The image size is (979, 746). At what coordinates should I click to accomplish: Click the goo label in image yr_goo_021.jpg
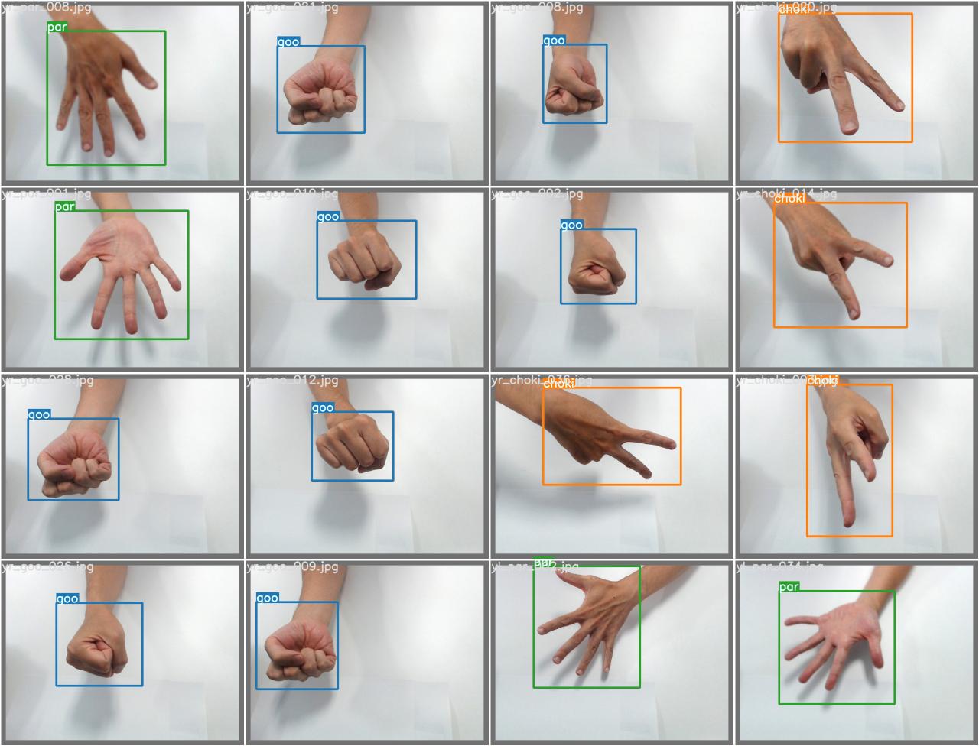288,42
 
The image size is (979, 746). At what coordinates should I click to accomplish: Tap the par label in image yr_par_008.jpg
57,27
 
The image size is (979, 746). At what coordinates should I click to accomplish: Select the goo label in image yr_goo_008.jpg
554,41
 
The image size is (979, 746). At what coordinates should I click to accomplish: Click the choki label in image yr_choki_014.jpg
789,199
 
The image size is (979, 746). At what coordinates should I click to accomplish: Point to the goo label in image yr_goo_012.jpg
322,407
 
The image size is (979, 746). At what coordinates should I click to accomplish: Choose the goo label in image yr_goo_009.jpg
267,598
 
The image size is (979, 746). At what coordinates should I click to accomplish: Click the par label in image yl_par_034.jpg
789,586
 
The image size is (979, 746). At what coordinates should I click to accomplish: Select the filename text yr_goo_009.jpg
292,566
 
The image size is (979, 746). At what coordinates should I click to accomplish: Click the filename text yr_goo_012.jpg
292,380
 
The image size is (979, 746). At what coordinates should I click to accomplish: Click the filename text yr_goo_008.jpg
537,8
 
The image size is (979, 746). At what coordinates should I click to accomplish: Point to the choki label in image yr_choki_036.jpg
558,384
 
